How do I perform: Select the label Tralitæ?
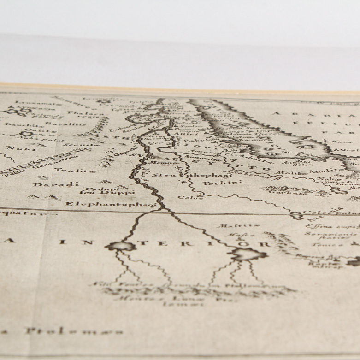[x=69, y=171]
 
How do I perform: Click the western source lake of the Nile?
[x=121, y=246]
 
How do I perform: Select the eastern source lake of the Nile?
[x=247, y=254]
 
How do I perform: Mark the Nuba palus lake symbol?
[x=28, y=134]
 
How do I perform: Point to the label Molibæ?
[x=285, y=173]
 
